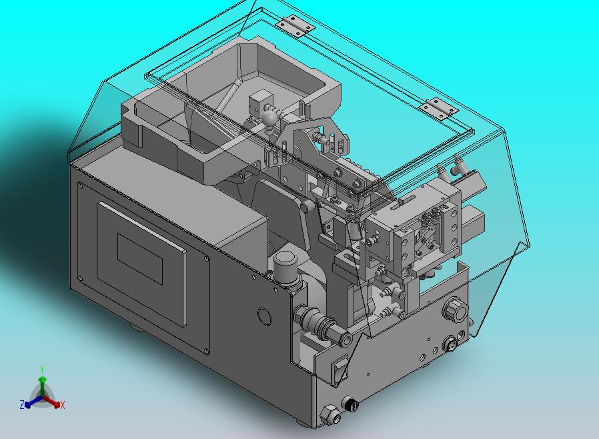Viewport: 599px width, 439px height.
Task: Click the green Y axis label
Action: pos(42,369)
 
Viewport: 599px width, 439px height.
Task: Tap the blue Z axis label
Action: pos(22,404)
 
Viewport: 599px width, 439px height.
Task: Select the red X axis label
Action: pos(63,405)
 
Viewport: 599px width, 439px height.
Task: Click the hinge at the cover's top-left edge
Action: pos(295,26)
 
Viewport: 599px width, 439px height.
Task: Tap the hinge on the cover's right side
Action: pos(438,109)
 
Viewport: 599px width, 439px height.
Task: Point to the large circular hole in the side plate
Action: pos(264,316)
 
